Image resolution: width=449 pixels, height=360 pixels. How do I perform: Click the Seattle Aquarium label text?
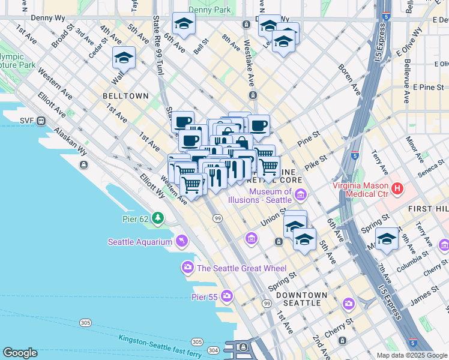pyautogui.click(x=139, y=242)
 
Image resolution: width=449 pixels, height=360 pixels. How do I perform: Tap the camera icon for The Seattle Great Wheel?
pyautogui.click(x=188, y=268)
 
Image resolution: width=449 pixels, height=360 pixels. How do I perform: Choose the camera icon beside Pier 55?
pyautogui.click(x=227, y=296)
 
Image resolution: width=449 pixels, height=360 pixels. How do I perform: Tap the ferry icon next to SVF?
pyautogui.click(x=41, y=121)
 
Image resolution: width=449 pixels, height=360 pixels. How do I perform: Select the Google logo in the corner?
pyautogui.click(x=20, y=353)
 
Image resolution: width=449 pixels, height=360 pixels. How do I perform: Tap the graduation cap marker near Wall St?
pyautogui.click(x=124, y=58)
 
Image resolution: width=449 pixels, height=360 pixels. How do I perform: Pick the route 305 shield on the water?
pyautogui.click(x=86, y=323)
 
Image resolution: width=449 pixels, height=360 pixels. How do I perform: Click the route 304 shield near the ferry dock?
pyautogui.click(x=213, y=350)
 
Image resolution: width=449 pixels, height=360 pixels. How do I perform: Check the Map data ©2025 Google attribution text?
pyautogui.click(x=412, y=355)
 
